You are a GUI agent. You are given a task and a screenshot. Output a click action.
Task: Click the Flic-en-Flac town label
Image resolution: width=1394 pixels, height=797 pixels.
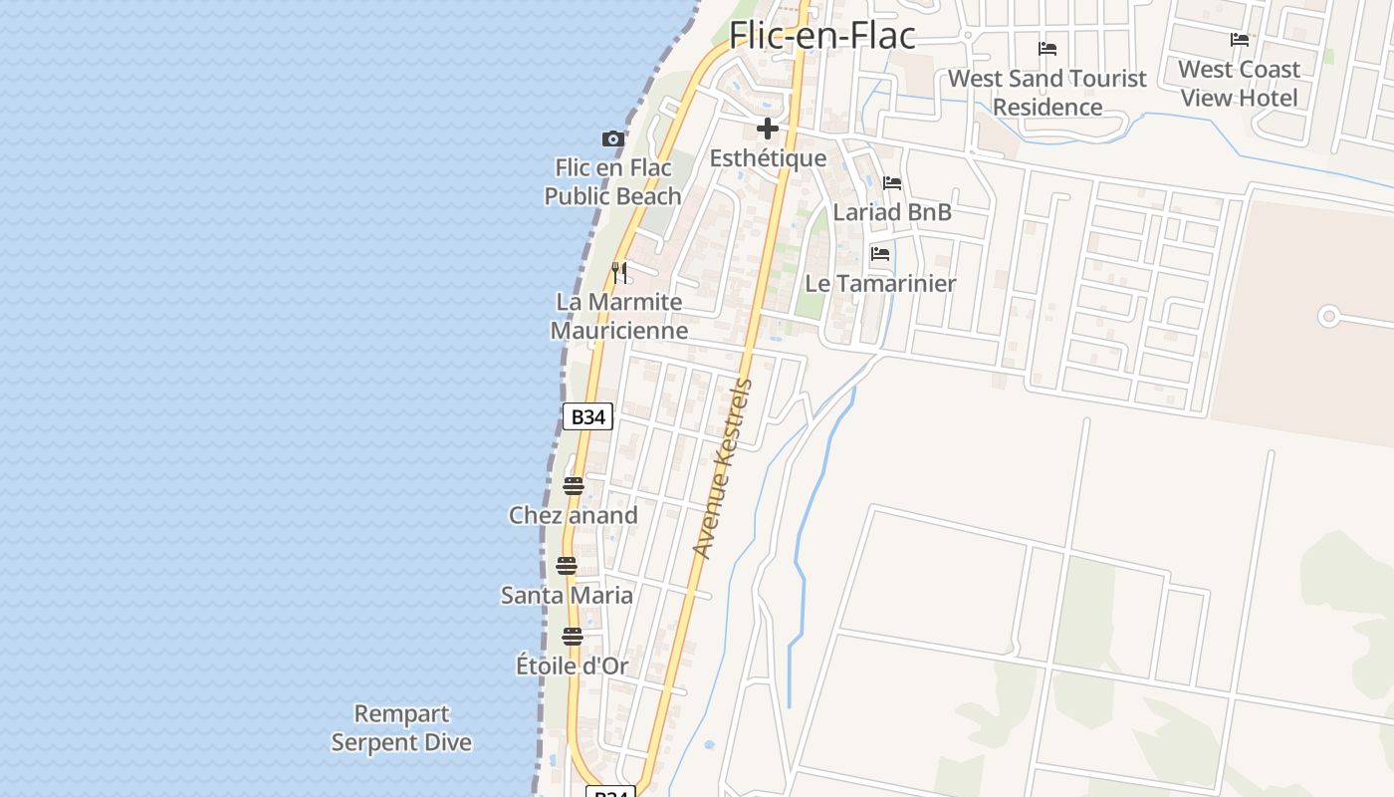[x=822, y=35]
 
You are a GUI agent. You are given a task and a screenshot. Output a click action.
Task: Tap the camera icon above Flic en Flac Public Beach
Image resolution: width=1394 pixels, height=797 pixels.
[x=613, y=138]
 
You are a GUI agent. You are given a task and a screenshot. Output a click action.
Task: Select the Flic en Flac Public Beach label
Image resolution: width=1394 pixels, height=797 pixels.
[x=612, y=181]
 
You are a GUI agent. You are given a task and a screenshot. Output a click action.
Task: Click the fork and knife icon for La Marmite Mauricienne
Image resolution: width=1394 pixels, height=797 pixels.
[x=619, y=272]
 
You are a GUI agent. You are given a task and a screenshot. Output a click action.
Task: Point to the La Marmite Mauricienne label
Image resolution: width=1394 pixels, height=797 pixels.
[x=619, y=316]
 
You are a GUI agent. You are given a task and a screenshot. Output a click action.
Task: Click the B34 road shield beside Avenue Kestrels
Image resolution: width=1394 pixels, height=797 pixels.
[x=587, y=416]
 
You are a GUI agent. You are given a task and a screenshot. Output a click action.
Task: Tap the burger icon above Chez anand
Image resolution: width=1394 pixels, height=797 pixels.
[x=573, y=486]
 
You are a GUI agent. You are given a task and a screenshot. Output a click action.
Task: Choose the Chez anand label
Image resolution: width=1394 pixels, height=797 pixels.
[x=573, y=515]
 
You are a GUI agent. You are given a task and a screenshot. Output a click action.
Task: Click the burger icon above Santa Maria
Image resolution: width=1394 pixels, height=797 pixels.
[x=567, y=566]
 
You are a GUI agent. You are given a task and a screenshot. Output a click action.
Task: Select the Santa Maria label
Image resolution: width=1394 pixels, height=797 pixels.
[x=567, y=595]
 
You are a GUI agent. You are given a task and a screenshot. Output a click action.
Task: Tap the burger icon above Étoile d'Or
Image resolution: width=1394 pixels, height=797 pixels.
[x=572, y=637]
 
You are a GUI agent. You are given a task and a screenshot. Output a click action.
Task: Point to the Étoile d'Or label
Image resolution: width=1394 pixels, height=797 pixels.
[x=572, y=665]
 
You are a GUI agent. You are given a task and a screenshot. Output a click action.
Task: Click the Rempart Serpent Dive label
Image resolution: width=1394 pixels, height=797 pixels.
[x=401, y=728]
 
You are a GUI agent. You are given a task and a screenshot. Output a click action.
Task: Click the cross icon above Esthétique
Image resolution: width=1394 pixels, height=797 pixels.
[x=768, y=129]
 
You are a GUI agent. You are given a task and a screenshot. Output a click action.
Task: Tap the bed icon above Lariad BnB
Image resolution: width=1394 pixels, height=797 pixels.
[x=892, y=183]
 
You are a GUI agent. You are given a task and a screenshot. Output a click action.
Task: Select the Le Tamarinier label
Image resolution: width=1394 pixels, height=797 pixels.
[x=880, y=283]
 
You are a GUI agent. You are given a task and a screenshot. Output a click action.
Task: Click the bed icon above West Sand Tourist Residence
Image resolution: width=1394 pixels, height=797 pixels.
[x=1047, y=48]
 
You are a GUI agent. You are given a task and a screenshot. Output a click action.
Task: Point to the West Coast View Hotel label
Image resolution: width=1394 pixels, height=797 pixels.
[x=1239, y=83]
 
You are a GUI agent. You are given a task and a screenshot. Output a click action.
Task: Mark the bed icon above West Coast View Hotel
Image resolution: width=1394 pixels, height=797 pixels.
[x=1240, y=40]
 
